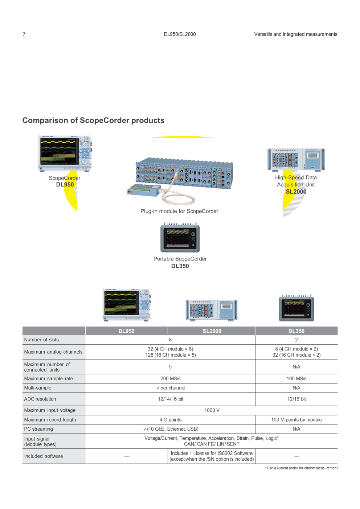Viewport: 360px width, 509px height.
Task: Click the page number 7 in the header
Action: pos(24,34)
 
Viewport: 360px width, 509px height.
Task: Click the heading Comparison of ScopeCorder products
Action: pos(93,120)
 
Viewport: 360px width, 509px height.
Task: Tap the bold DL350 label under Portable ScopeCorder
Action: pos(180,266)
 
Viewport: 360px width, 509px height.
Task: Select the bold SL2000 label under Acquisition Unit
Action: pos(296,192)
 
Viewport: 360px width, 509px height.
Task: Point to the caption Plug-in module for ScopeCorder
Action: pos(179,211)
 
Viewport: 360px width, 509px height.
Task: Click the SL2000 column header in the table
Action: pos(212,331)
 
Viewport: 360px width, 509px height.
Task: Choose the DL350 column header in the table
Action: pos(296,331)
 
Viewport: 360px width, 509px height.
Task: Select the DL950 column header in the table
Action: pos(126,331)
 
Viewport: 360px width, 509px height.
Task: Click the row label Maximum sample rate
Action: pos(48,378)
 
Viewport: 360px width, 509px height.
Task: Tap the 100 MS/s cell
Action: pos(296,378)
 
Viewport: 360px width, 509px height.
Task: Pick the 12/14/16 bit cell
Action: pos(171,399)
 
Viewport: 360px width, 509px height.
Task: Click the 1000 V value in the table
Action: pos(212,410)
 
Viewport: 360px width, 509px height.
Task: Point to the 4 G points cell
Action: pos(171,420)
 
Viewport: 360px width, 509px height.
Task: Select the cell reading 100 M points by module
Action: pos(296,420)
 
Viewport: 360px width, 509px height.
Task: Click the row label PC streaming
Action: pos(38,429)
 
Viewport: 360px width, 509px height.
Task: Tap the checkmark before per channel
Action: pos(158,388)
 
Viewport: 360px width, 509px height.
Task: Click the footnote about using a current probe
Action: pos(301,468)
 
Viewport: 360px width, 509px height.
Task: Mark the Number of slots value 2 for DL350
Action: pos(296,340)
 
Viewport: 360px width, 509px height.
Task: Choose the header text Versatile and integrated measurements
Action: pos(296,34)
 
